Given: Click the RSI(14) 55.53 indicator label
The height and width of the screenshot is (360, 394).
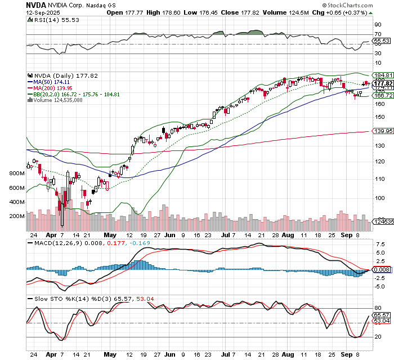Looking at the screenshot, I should tap(49, 19).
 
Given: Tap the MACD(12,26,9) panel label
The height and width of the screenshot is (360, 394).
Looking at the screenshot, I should tap(55, 243).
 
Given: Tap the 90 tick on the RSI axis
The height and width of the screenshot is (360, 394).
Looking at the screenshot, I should tap(378, 25).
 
